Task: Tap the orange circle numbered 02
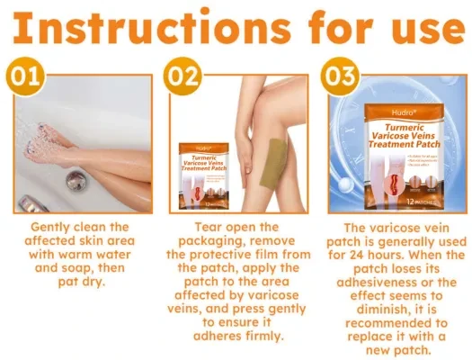tap(183, 76)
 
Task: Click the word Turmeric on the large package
tap(394, 99)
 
